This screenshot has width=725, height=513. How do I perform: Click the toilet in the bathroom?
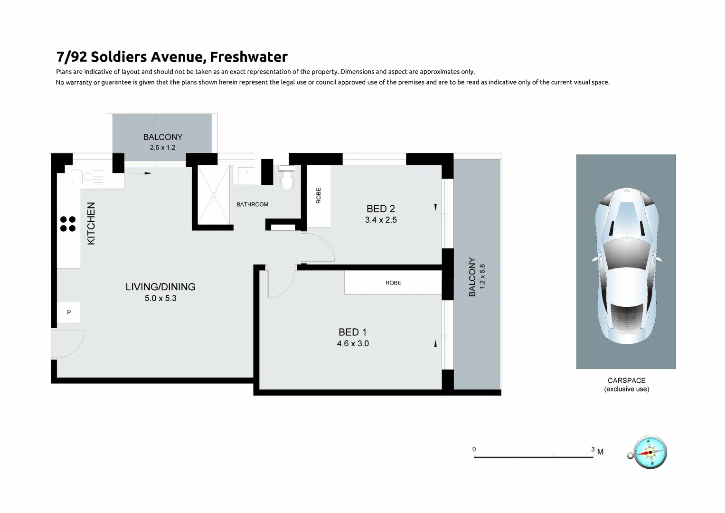(287, 180)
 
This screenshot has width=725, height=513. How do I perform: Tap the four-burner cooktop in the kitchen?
(68, 224)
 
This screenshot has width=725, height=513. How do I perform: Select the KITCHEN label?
(91, 223)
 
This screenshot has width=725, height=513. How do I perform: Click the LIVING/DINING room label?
(160, 287)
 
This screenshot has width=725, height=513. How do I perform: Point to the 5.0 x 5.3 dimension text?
(160, 298)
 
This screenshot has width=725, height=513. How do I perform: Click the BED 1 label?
(352, 332)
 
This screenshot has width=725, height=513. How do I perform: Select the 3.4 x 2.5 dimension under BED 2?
(381, 220)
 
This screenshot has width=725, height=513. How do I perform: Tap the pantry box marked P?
(69, 313)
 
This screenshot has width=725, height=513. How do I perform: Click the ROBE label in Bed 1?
(393, 283)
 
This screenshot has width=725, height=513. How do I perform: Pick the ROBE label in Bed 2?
(319, 196)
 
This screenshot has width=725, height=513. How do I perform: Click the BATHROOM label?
(253, 204)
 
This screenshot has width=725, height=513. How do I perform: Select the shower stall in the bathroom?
(214, 195)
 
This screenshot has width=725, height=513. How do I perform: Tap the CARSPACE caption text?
(626, 380)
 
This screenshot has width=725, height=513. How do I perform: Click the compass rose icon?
(650, 452)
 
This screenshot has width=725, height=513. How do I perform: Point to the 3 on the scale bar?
(593, 449)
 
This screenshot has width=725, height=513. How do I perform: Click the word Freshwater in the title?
(248, 57)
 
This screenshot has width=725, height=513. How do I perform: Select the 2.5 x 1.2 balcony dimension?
(162, 147)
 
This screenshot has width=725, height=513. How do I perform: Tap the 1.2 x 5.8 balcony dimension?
(482, 276)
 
